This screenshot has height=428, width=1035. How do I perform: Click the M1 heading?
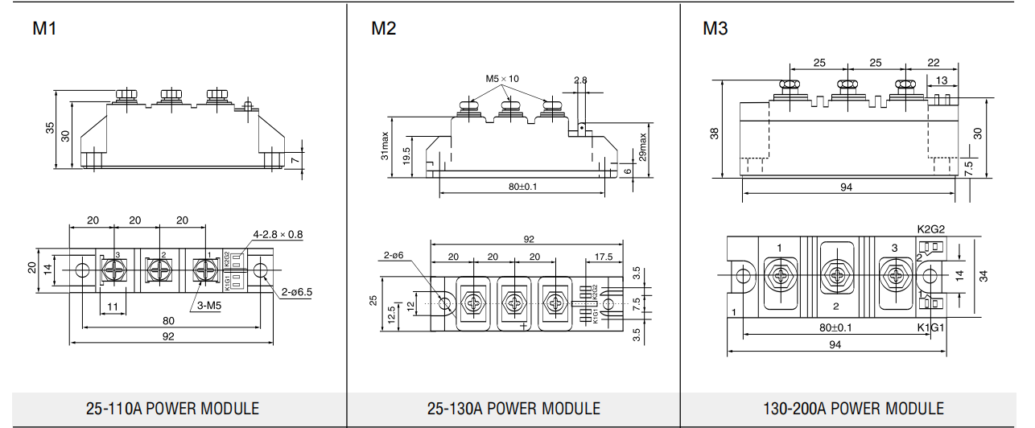45,30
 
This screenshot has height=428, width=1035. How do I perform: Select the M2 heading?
384,30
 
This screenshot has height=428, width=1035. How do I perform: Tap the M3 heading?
715,30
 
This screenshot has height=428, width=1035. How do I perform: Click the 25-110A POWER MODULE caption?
172,408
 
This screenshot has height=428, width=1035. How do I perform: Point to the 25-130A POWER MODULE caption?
513,408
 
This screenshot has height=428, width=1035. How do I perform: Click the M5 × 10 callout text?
502,79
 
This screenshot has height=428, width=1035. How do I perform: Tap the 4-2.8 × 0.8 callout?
278,235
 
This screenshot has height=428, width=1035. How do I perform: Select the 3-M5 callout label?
211,306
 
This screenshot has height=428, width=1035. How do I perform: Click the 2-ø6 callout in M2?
394,255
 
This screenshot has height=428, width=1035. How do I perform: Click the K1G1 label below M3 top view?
930,327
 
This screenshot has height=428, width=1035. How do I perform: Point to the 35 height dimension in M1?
50,129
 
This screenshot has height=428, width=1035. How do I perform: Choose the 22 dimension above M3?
933,62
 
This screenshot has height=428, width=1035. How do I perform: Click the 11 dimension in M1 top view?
113,307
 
